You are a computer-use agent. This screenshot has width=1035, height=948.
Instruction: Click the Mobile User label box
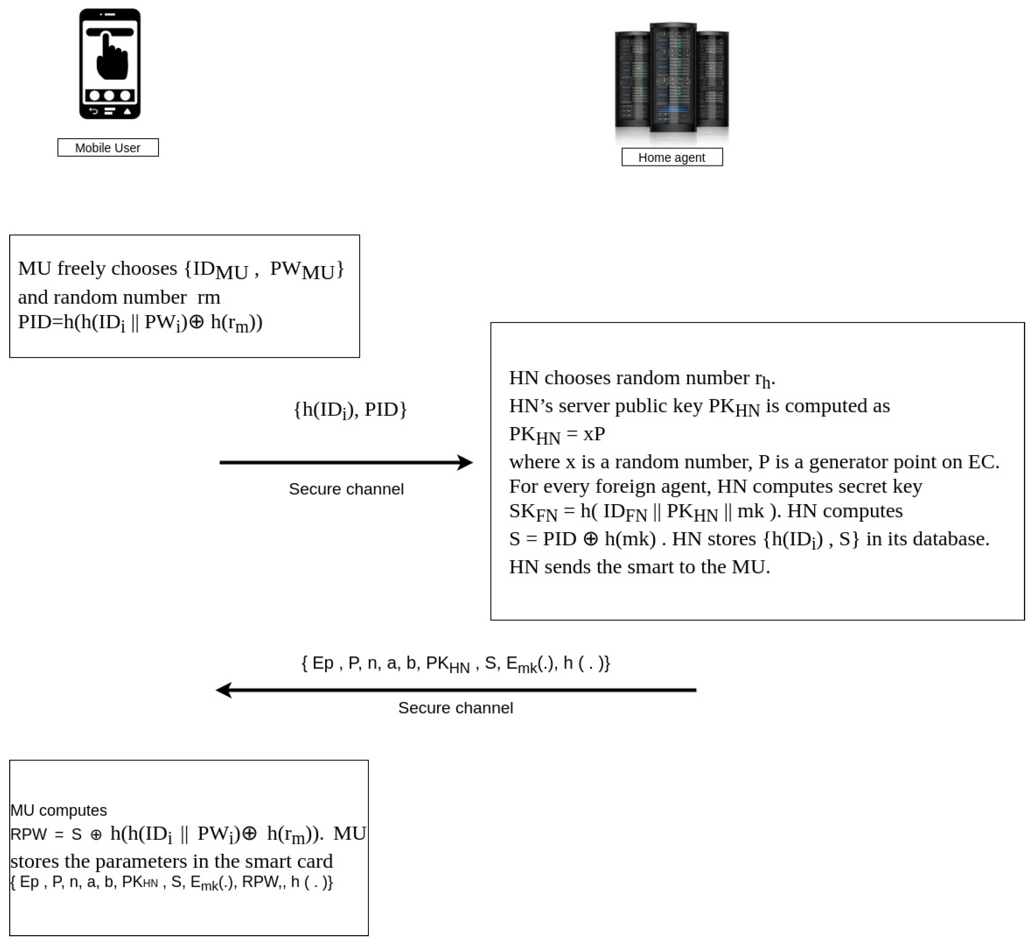coord(108,147)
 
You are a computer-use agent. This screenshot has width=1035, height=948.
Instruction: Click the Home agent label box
coord(672,157)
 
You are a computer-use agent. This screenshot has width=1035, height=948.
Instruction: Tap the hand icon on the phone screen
coord(111,57)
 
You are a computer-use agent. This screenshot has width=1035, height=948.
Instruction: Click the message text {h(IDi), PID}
coord(350,410)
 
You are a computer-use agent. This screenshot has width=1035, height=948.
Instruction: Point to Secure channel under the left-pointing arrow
coord(455,707)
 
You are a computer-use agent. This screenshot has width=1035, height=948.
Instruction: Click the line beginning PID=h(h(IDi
coord(140,323)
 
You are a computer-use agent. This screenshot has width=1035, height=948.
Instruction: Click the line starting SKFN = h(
coord(705,512)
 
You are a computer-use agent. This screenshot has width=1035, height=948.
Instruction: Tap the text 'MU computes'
coord(59,810)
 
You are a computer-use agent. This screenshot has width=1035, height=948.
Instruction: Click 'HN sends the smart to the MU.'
coord(639,567)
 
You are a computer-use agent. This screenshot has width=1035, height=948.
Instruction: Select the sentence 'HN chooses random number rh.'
coord(642,378)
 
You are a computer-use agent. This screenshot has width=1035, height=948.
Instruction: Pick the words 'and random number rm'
coord(119,297)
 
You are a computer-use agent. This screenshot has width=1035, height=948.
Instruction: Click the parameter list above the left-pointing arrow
coord(455,663)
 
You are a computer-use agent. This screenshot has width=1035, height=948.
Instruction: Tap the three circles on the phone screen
coord(109,95)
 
